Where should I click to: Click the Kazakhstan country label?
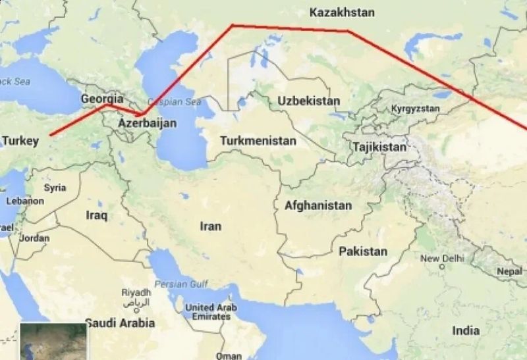[341, 13]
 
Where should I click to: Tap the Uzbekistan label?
[309, 101]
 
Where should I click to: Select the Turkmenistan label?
[258, 141]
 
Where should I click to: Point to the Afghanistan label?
[318, 206]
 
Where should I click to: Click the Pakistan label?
[363, 251]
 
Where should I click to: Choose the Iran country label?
[211, 226]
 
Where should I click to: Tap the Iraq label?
[96, 215]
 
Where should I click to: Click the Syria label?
[55, 188]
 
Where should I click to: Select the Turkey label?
[22, 141]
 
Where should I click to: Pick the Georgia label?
[101, 99]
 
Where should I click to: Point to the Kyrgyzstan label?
[415, 109]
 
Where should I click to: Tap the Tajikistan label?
[379, 147]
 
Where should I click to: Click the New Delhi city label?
[439, 259]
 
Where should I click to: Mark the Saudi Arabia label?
[120, 323]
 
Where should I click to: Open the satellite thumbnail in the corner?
[53, 341]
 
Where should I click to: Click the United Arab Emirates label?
[208, 311]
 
